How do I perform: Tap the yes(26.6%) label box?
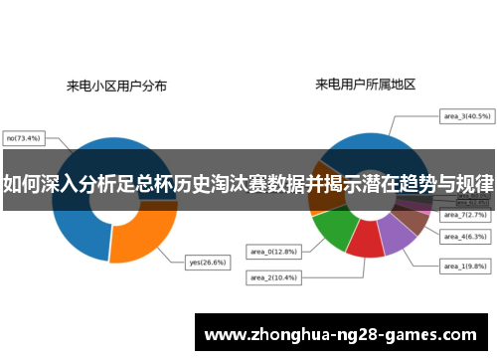click(x=207, y=263)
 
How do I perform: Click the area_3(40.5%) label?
click(x=465, y=116)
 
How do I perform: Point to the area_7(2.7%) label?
click(x=465, y=215)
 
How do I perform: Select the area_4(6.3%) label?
click(x=465, y=237)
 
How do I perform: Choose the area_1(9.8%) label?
click(x=465, y=267)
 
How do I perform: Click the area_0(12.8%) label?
click(x=270, y=251)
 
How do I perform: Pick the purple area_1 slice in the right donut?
click(x=397, y=234)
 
